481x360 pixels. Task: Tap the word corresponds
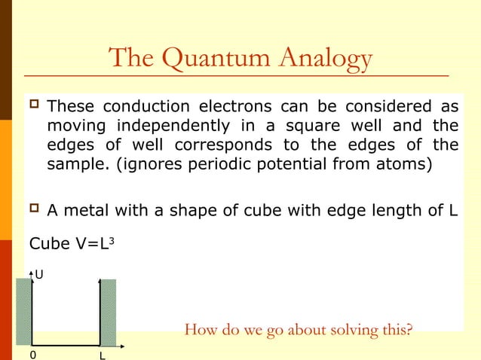click(x=237, y=145)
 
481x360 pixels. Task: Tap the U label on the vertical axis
click(x=38, y=276)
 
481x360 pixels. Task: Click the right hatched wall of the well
click(x=109, y=312)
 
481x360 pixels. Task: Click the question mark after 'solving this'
click(x=409, y=329)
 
